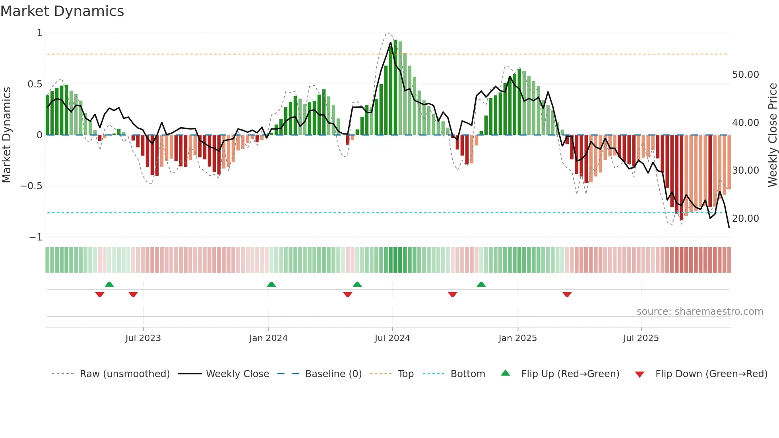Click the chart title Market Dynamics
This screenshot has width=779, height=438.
pyautogui.click(x=62, y=11)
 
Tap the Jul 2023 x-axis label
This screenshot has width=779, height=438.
pyautogui.click(x=143, y=338)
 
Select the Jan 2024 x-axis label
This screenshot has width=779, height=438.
pyautogui.click(x=268, y=338)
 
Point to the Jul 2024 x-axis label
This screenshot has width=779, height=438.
pyautogui.click(x=392, y=338)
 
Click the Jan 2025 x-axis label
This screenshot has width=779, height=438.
pyautogui.click(x=517, y=338)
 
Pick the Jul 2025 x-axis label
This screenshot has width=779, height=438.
pyautogui.click(x=641, y=338)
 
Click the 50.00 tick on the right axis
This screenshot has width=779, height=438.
pyautogui.click(x=745, y=75)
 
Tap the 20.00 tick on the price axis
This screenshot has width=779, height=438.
pyautogui.click(x=745, y=219)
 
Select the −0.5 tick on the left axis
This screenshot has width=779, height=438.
pyautogui.click(x=31, y=186)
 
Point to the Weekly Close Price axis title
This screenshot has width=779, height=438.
pyautogui.click(x=772, y=135)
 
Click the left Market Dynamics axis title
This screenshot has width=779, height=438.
pyautogui.click(x=6, y=135)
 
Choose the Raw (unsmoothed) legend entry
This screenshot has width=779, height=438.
pyautogui.click(x=124, y=374)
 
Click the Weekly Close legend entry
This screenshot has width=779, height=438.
pyautogui.click(x=237, y=374)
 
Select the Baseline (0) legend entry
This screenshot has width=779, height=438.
pyautogui.click(x=333, y=374)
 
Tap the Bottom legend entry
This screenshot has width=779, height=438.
pyautogui.click(x=467, y=374)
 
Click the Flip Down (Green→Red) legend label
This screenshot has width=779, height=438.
pyautogui.click(x=711, y=374)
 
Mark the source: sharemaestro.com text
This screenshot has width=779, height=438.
pyautogui.click(x=700, y=312)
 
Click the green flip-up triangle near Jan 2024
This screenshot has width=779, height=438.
pyautogui.click(x=271, y=284)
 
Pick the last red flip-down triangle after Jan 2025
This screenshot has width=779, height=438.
pyautogui.click(x=567, y=295)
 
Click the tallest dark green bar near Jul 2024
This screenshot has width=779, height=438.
pyautogui.click(x=395, y=87)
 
